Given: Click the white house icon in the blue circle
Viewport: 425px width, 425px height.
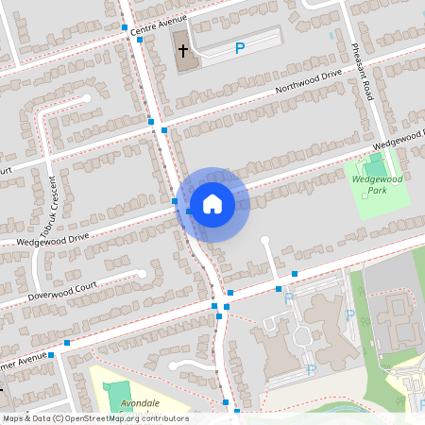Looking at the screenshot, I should tap(212, 204).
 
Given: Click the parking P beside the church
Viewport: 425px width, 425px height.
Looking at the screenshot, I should tap(239, 48).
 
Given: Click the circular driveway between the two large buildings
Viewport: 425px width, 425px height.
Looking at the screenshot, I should tap(302, 334).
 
